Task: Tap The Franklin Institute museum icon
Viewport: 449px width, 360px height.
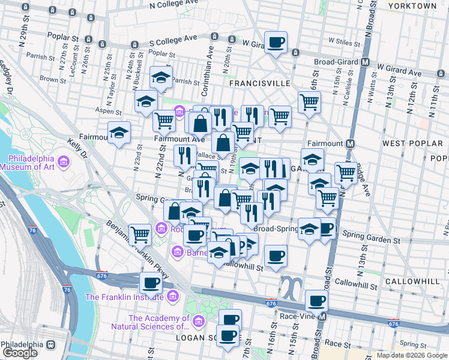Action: (173, 296)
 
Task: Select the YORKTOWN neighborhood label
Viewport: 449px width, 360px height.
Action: (412, 5)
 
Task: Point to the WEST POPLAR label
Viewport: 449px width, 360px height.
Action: (409, 143)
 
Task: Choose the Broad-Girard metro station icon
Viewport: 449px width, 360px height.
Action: (365, 62)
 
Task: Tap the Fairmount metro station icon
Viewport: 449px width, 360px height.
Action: (351, 144)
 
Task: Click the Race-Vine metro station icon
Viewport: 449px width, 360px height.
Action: (322, 316)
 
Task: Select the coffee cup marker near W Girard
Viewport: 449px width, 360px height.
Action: (276, 43)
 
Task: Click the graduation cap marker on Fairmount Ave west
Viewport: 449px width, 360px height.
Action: (119, 133)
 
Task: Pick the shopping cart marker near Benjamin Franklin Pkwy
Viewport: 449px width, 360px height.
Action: (140, 235)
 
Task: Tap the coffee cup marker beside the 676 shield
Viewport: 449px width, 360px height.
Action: (151, 282)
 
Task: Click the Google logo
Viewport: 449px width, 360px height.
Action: (20, 353)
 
